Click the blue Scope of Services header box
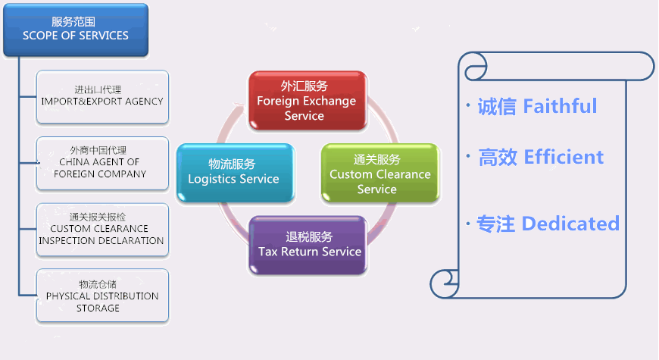75,29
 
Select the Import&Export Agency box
102,95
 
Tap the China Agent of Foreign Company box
102,161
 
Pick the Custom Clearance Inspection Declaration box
102,229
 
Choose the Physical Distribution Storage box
102,296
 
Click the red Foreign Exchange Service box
308,101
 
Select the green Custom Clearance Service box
379,174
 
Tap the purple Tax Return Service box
309,245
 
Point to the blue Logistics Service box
234,172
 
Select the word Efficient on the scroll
564,158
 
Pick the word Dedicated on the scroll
570,224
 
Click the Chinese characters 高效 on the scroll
497,158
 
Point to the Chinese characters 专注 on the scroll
495,224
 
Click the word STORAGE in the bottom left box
98,308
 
